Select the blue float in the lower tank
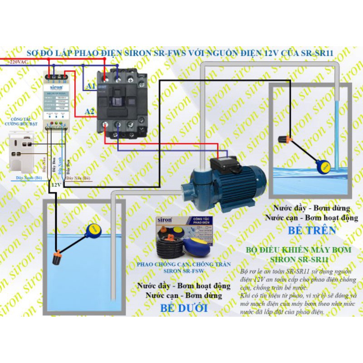pyautogui.click(x=94, y=231)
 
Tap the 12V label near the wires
pyautogui.click(x=56, y=185)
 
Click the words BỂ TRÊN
pyautogui.click(x=312, y=231)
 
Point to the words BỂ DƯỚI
pyautogui.click(x=184, y=309)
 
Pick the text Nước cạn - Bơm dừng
pyautogui.click(x=184, y=295)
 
